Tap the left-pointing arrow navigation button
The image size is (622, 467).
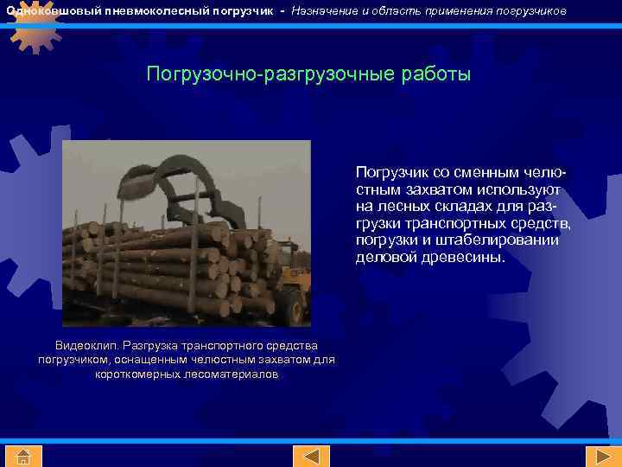(311, 456)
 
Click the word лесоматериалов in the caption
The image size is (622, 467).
(232, 374)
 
